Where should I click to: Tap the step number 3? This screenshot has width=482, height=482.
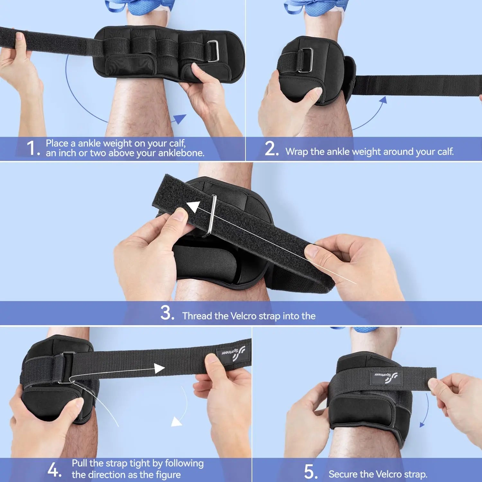167,313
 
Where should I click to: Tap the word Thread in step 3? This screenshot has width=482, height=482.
197,316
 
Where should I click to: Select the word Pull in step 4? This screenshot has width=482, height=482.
79,463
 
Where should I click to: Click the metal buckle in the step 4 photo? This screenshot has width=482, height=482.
67,368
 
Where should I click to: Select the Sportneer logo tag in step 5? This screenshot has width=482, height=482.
386,376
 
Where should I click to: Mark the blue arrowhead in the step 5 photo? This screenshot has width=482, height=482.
423,424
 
